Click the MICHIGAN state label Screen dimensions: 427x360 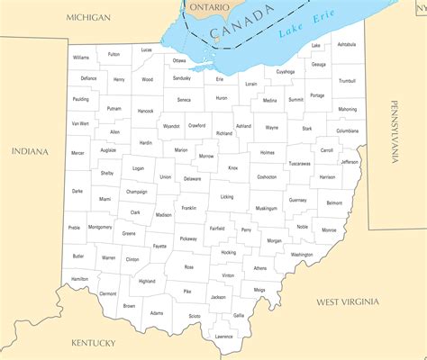tap(88, 18)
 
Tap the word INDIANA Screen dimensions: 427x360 tap(30, 151)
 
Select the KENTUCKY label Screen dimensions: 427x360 tap(94, 343)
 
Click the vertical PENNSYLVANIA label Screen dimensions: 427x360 tap(394, 132)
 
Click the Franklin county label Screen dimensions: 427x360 tap(188, 208)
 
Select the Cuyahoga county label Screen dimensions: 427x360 tap(286, 71)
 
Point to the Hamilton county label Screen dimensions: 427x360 tap(80, 279)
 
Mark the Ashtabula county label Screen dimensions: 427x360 tap(346, 44)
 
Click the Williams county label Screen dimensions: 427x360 tap(81, 57)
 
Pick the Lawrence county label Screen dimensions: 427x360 tap(223, 337)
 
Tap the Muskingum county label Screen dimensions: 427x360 tap(266, 208)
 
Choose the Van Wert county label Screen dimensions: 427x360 tap(79, 122)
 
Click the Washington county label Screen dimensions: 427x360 tap(302, 255)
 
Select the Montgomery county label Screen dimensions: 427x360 tap(100, 227)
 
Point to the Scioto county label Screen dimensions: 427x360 tap(195, 316)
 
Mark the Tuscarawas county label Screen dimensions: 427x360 tap(299, 164)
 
